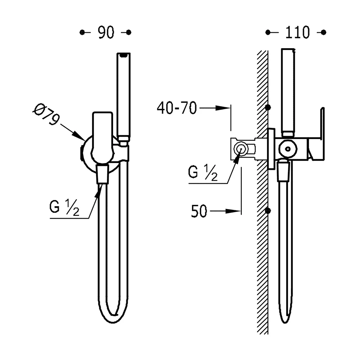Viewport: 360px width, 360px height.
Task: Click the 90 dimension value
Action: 106,32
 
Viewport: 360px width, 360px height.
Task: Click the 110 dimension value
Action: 297,32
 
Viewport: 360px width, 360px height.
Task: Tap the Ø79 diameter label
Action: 46,114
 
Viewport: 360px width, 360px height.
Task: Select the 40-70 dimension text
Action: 177,108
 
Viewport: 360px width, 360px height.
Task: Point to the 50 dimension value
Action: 199,211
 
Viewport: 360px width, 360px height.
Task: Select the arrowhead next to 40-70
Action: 223,108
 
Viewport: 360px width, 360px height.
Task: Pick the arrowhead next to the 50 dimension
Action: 233,211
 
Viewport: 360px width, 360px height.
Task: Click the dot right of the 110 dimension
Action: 324,32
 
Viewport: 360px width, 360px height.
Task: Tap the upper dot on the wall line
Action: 268,107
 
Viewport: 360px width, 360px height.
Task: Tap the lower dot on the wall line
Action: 268,211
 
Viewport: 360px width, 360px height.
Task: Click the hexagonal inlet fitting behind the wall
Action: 240,149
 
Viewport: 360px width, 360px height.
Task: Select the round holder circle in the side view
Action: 288,149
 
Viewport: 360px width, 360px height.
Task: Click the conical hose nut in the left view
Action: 102,174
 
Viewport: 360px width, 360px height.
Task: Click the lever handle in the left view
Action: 102,138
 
